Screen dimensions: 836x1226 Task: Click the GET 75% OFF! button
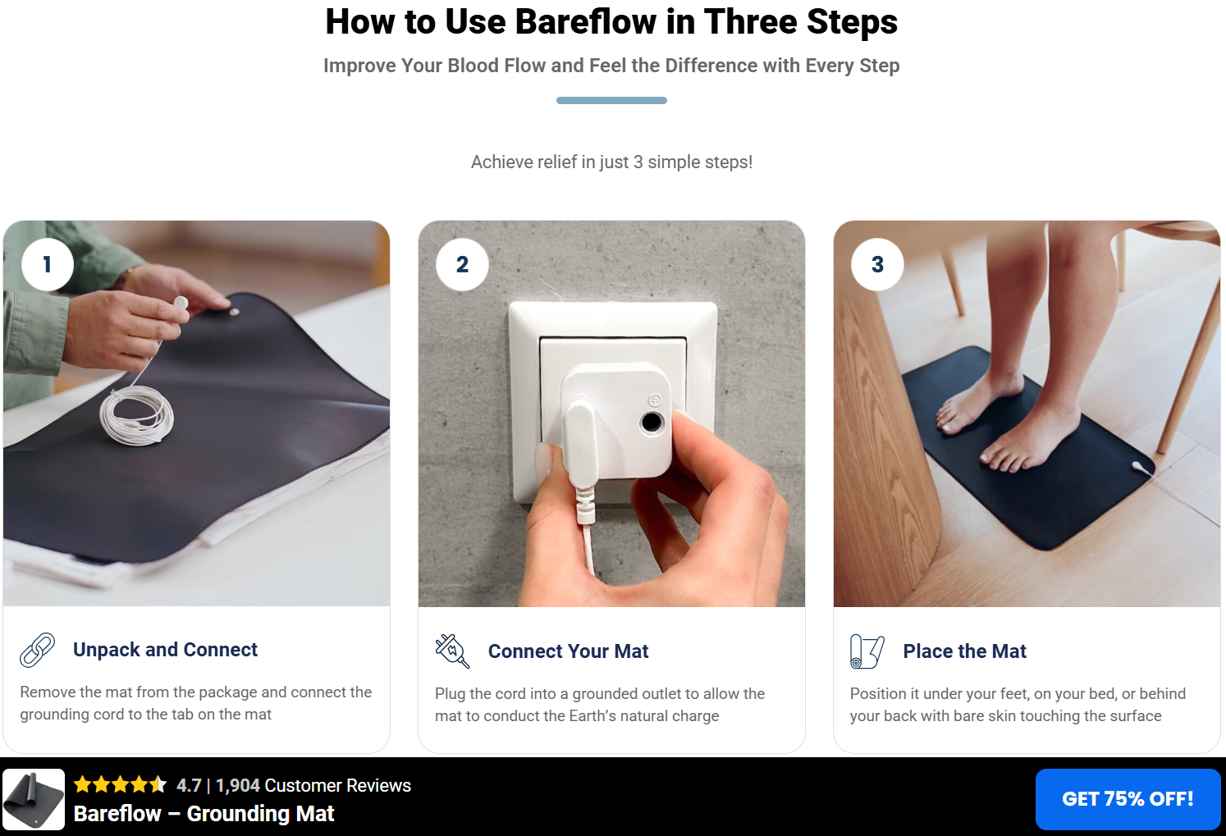point(1128,799)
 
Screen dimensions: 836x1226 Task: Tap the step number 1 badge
point(48,264)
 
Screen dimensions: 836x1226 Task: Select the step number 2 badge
point(462,264)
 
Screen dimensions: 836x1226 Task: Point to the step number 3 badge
point(877,264)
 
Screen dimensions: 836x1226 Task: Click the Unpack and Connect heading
point(165,650)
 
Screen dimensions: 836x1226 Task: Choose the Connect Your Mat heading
point(568,651)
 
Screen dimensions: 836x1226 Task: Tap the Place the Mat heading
point(964,651)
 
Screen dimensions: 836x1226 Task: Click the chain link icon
point(38,650)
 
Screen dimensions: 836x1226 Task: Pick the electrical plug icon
point(452,651)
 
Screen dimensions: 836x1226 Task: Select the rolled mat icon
point(867,651)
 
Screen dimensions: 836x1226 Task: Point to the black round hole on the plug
point(652,422)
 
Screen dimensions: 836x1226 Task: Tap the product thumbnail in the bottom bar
point(34,799)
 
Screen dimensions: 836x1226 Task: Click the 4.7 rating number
point(189,785)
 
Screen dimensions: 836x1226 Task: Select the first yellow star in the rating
point(83,784)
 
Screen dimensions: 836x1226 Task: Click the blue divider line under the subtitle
point(611,101)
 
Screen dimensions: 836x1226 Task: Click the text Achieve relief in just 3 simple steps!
point(611,162)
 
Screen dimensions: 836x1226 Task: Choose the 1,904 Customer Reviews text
point(313,785)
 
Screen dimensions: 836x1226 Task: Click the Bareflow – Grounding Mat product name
point(204,814)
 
